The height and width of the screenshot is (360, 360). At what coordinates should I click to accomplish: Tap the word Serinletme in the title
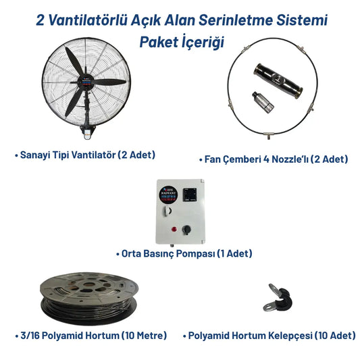(248, 20)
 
